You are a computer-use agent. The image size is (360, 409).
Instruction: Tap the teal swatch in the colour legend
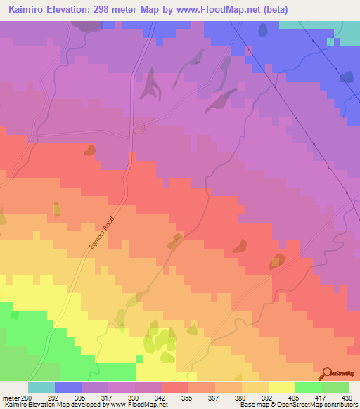(41, 387)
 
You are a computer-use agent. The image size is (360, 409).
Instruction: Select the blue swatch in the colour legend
(67, 387)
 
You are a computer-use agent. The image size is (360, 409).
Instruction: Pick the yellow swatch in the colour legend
(282, 387)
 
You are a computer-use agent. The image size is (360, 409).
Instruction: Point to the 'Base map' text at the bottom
(252, 405)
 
